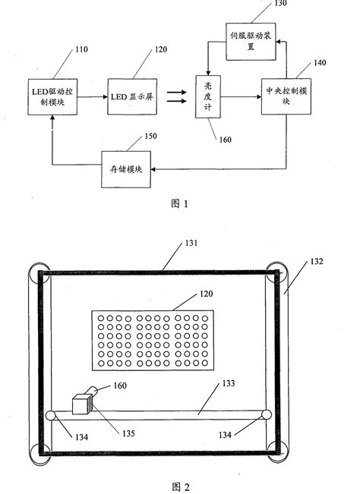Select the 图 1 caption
click(179, 203)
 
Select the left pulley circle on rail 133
click(50, 415)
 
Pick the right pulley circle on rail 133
click(265, 414)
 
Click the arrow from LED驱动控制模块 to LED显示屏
click(93, 96)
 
